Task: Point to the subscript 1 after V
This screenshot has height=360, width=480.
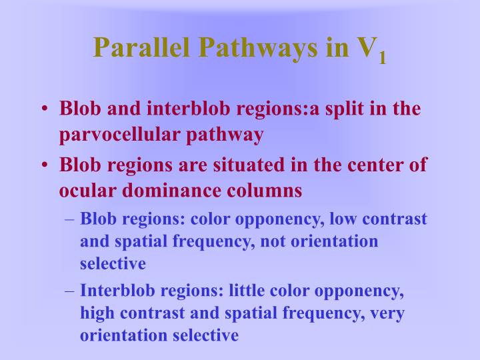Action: click(x=382, y=58)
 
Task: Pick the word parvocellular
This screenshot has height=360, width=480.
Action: click(x=116, y=135)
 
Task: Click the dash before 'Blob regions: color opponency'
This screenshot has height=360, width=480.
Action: click(x=70, y=219)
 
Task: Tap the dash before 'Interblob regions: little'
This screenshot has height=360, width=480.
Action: click(x=70, y=291)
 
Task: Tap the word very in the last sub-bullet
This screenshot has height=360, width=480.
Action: click(x=386, y=313)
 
